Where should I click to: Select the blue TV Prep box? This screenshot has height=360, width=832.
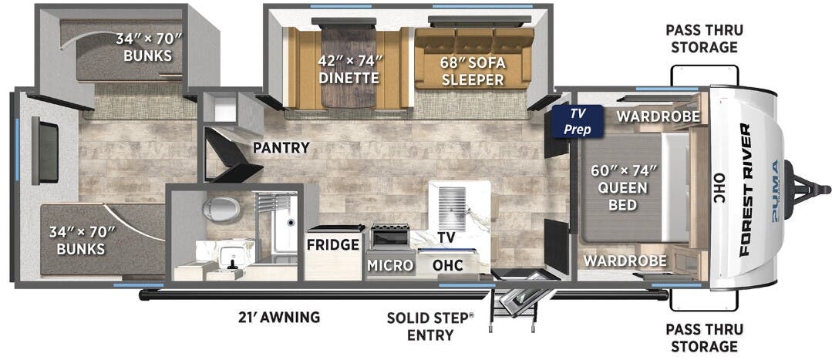pos(578,122)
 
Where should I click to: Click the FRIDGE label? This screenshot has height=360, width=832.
pos(333,245)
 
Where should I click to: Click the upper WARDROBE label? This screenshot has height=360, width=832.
pos(658,116)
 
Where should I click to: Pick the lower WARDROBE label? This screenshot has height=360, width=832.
pos(625,261)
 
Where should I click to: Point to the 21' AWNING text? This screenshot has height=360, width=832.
pos(278,317)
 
